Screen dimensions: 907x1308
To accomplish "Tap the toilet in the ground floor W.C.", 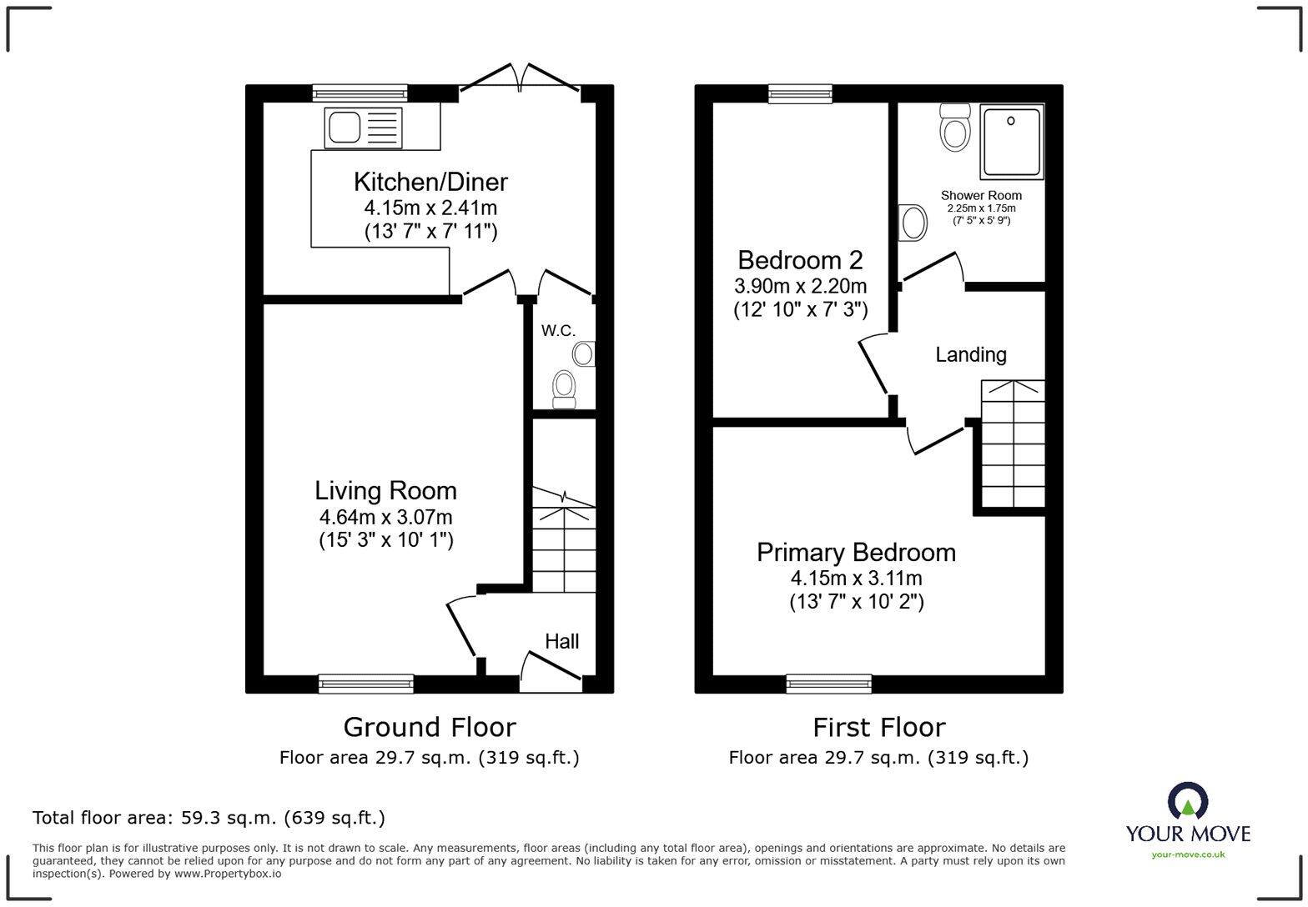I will coord(565,389).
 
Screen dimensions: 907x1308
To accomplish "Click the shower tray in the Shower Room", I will coord(1011,141).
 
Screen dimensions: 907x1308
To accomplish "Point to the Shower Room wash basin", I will coord(913,223).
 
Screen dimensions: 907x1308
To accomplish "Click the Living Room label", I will coord(385,490).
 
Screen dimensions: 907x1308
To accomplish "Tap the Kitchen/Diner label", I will coord(430,182).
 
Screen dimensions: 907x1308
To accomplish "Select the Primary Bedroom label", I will coord(856,552).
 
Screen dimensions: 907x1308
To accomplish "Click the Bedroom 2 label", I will coord(800,259).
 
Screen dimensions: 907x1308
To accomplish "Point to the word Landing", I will coord(970,355).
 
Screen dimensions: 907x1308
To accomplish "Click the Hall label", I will coord(561,641).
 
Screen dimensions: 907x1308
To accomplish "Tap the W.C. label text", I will coord(558,331).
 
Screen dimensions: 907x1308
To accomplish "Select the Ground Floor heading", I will coord(430,727).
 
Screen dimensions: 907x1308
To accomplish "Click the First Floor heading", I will coord(878,727).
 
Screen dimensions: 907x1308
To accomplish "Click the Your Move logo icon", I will coord(1188,801).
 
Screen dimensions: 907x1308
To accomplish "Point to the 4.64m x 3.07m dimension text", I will coord(385,517).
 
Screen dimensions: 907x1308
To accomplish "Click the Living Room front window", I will coord(366,684).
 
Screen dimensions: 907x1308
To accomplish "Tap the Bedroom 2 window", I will coord(800,93).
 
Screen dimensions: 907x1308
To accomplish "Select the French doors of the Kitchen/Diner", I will coord(520,79).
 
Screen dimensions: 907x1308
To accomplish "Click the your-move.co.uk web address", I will coord(1188,854).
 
